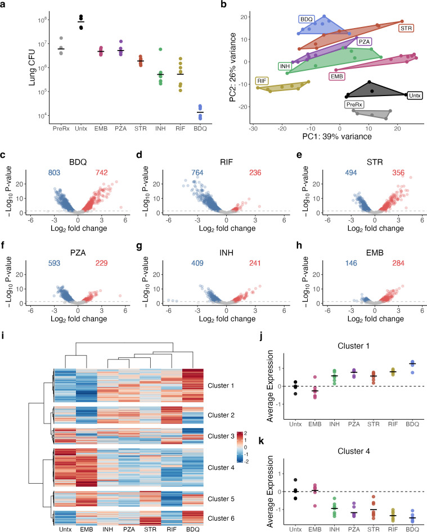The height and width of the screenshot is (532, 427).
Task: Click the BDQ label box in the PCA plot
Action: (x=307, y=19)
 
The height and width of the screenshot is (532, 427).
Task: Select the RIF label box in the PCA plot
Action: (x=262, y=81)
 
